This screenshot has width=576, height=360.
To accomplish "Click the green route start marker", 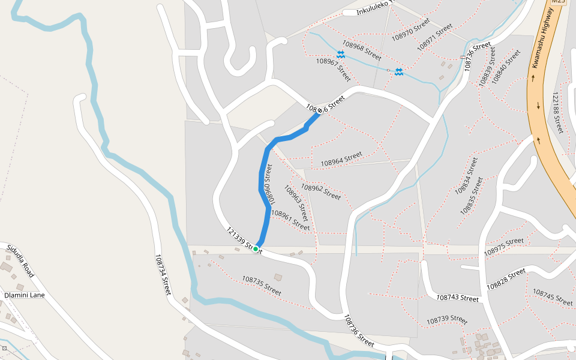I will point(256,248).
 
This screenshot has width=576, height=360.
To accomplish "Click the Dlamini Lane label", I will point(25,295).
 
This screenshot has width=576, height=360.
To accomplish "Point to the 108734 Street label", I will point(163,274).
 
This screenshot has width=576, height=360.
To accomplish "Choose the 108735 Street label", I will point(262,285).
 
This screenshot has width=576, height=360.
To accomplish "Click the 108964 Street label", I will point(341,158).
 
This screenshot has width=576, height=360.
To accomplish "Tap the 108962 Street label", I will point(320,191).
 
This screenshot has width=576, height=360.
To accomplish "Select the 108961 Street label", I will point(290,220).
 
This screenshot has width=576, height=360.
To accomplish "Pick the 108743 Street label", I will point(457,298).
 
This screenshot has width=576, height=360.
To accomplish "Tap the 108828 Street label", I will point(506,278).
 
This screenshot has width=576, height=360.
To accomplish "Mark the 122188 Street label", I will point(557,113).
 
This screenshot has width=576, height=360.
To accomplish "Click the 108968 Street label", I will point(362,50).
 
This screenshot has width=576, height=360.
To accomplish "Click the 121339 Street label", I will point(244,240).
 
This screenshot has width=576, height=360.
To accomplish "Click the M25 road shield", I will point(559,2).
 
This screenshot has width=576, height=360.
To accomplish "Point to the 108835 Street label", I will point(472,196).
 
